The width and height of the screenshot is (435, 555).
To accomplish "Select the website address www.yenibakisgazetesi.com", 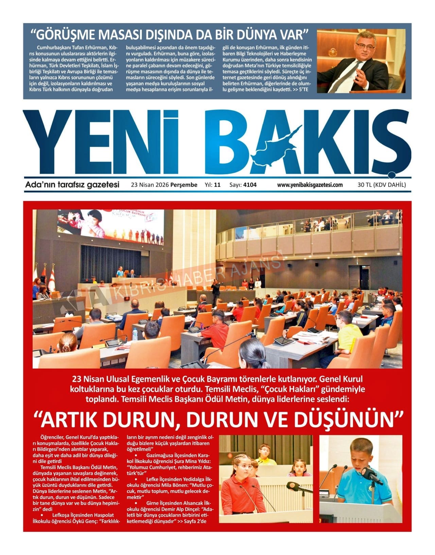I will pos(310,185).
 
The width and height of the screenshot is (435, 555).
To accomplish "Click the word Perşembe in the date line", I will pos(184,185).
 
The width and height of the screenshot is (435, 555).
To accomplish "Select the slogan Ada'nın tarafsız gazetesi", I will pos(72,185).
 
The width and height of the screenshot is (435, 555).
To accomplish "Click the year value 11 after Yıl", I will pos(217,185).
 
